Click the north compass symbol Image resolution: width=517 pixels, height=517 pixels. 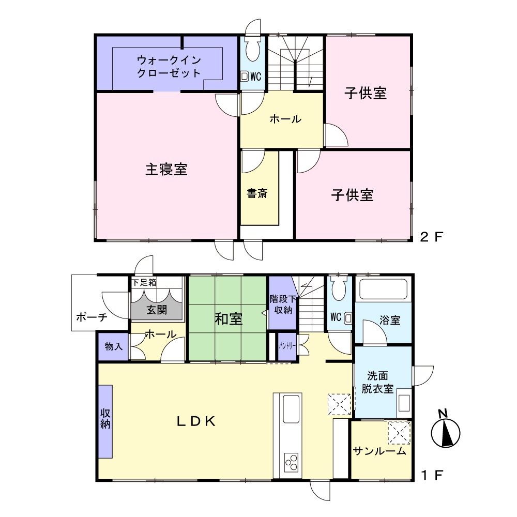446,430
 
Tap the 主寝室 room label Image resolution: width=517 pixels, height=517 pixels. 166,170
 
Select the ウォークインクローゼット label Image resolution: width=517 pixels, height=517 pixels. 169,66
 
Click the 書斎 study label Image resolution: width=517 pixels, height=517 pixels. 257,193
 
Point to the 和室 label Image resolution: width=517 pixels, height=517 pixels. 229,319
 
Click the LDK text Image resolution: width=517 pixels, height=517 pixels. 196,421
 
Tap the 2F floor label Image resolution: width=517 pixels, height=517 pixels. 432,237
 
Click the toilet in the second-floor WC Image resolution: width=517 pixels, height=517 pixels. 253,50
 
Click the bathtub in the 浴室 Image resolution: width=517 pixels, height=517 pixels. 383,290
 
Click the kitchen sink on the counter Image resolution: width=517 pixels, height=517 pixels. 292,409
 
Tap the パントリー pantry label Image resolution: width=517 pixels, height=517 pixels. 287,346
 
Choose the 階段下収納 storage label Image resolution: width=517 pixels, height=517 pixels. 283,305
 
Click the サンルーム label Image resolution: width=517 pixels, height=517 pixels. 379,451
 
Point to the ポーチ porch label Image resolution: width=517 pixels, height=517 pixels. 92,317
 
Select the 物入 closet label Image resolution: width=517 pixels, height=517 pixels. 114,346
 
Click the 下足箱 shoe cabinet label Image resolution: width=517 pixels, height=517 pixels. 144,283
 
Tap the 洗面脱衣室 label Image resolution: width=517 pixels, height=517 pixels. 377,382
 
